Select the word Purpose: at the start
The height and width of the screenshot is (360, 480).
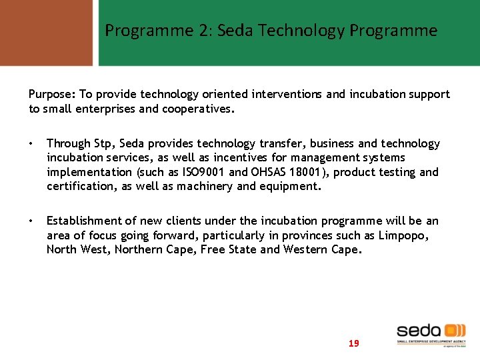[x=51, y=95]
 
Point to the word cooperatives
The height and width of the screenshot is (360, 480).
[x=197, y=109]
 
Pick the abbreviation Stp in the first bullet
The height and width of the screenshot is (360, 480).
[x=103, y=144]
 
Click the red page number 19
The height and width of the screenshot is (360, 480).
[x=353, y=343]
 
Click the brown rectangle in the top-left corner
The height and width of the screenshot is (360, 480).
[x=46, y=32]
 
